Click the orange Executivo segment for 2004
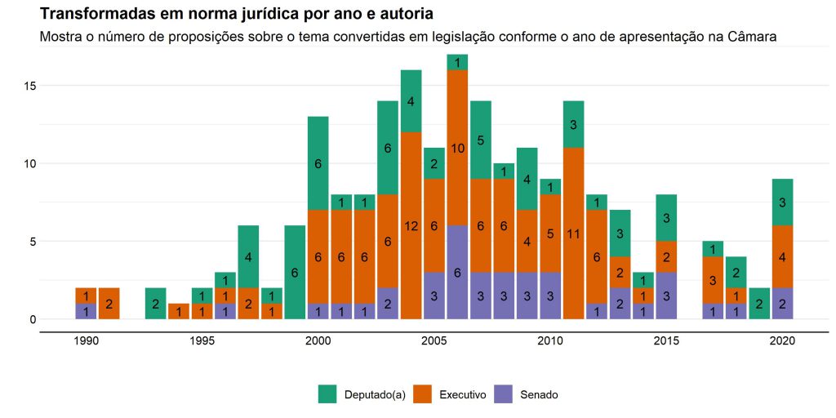(411, 225)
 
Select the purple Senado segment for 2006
(457, 272)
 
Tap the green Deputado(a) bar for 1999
(295, 272)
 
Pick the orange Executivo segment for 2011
(573, 233)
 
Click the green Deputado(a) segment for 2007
(481, 140)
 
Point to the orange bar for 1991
(109, 303)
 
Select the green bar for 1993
(156, 303)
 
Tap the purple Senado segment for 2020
(782, 303)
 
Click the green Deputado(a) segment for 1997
(248, 256)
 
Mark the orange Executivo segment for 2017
(713, 280)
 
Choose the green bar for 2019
(758, 303)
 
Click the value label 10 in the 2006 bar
(457, 148)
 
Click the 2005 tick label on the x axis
(434, 343)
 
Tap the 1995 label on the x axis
(202, 343)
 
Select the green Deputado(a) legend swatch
(327, 394)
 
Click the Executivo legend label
(462, 394)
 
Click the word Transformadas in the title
(89, 15)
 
